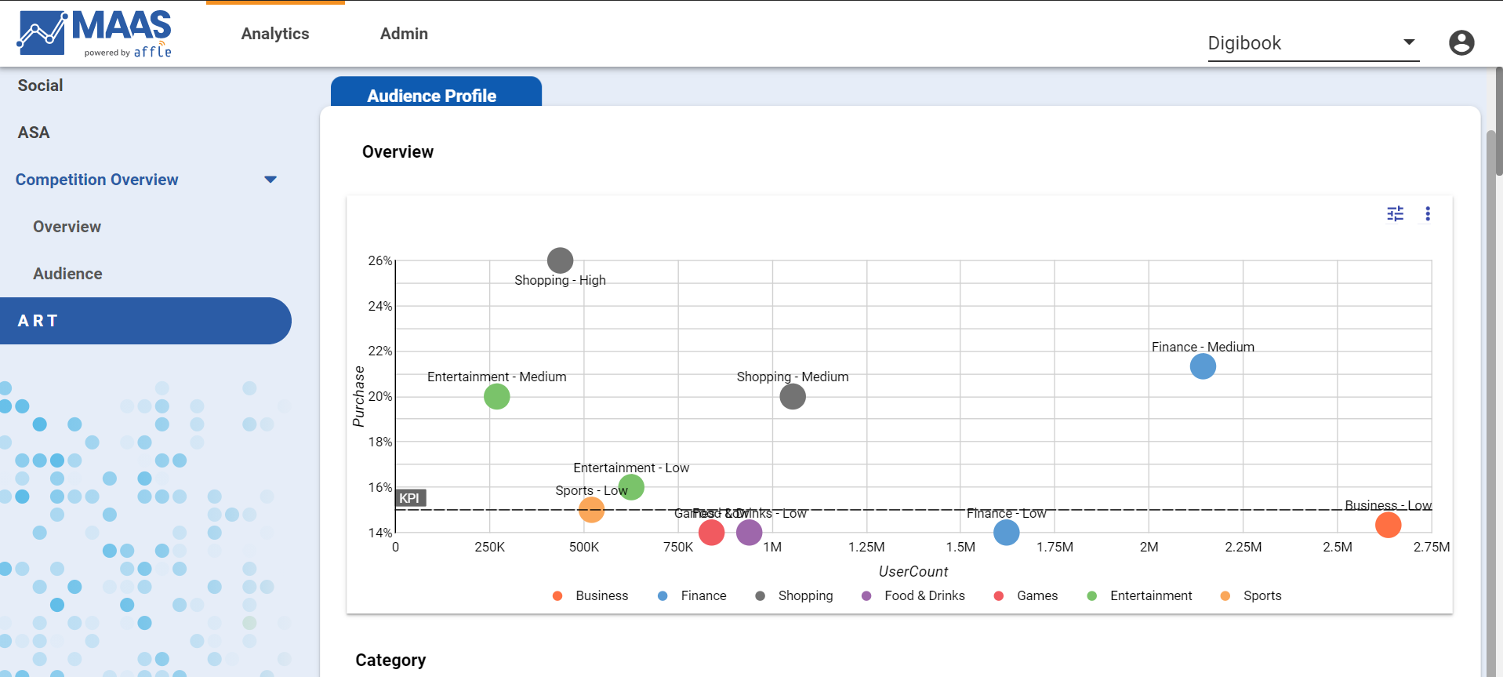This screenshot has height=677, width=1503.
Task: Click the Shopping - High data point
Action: tap(560, 260)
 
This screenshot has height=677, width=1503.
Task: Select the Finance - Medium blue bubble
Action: tap(1202, 366)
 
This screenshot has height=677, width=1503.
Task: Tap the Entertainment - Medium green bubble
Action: tap(496, 397)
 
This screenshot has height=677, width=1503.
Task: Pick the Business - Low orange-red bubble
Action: tap(1388, 525)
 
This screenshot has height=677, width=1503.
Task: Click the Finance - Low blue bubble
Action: tap(1006, 533)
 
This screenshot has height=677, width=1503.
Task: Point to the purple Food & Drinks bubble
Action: tap(749, 533)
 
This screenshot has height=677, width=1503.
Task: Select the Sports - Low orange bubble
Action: tap(591, 510)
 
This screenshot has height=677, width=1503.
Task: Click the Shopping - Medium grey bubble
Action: tap(792, 397)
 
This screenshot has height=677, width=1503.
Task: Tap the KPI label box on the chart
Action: tap(410, 498)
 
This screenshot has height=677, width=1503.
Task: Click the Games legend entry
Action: tap(1036, 596)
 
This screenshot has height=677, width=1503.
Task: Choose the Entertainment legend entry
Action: tap(1150, 596)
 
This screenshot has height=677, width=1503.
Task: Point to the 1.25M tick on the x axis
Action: tap(866, 547)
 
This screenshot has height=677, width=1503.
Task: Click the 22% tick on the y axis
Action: tap(380, 351)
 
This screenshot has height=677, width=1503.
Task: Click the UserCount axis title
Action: tap(913, 572)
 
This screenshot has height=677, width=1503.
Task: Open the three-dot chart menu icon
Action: tap(1428, 214)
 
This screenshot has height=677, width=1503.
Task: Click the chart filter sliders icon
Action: tap(1395, 214)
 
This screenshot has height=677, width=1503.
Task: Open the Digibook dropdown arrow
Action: tap(1409, 42)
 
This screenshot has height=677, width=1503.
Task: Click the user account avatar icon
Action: tap(1461, 42)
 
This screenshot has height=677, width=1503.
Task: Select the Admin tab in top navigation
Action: tap(404, 34)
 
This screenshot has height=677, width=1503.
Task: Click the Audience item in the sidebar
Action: tap(67, 274)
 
